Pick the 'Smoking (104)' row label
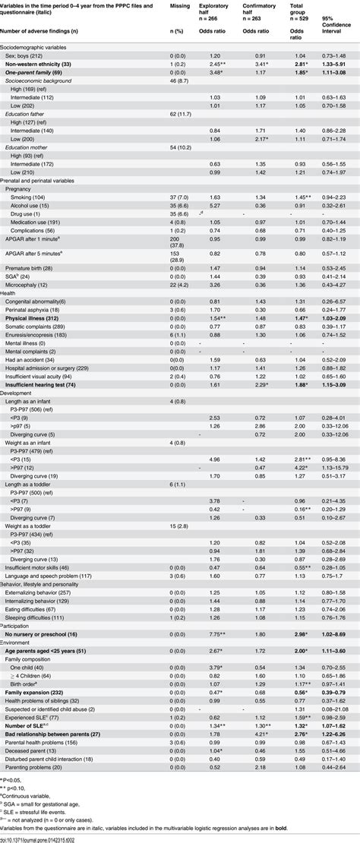[x=28, y=197]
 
